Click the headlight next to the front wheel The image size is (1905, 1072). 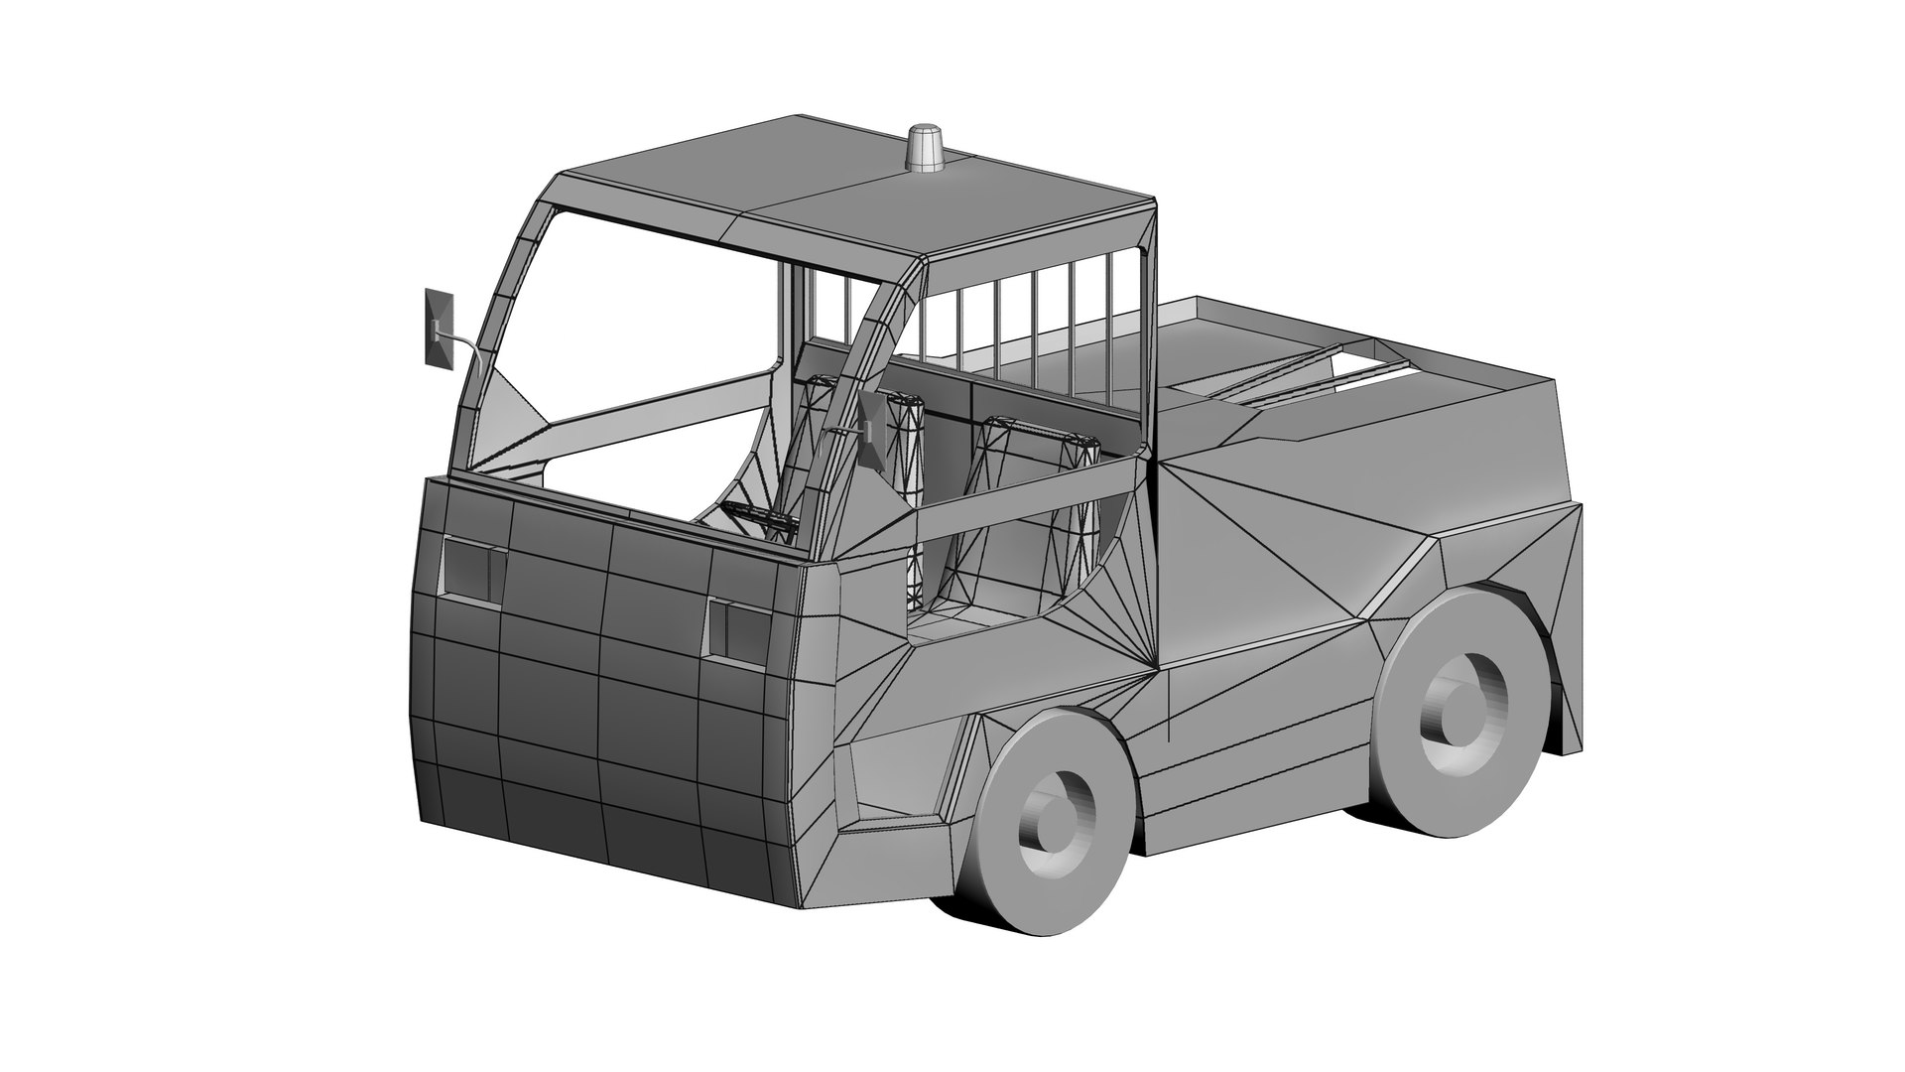[x=737, y=630]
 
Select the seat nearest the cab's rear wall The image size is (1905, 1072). [x=1032, y=506]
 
